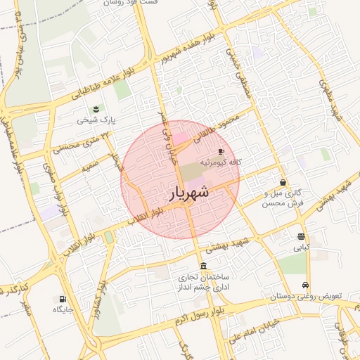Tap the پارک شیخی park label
pos(94,120)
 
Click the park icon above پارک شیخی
pos(95,109)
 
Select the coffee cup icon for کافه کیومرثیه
pos(221,151)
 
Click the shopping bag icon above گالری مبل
pos(282,182)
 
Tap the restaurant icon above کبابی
pos(301,236)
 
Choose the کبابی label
pos(301,247)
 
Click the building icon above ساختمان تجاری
pos(203,265)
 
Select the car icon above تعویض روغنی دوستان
pos(305,285)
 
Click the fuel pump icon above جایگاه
pos(63,298)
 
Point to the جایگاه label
pos(63,309)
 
